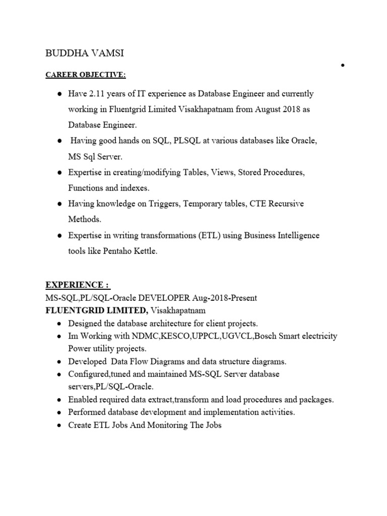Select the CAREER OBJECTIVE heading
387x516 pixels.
tap(85, 75)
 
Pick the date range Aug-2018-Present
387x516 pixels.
tap(222, 298)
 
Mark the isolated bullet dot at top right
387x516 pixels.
tap(342, 65)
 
